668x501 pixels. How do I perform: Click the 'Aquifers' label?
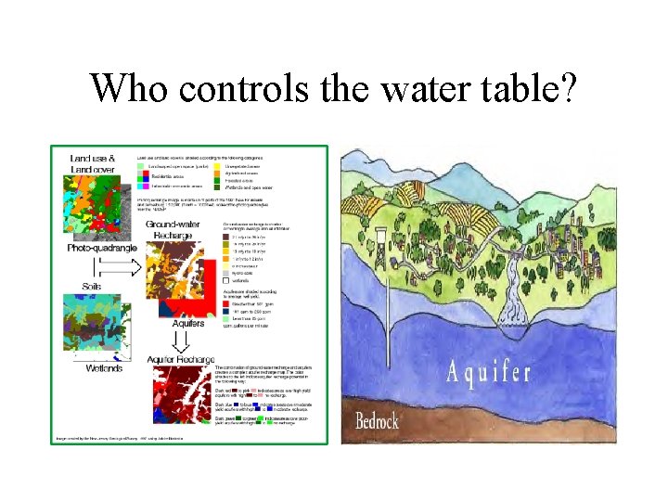[188, 324]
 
